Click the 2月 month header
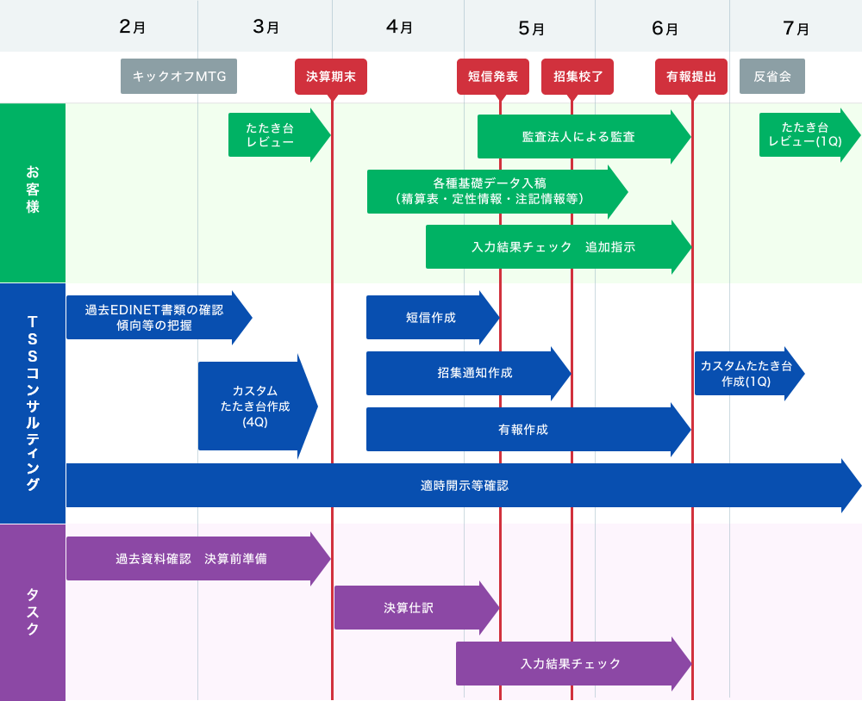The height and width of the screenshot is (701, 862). (x=132, y=27)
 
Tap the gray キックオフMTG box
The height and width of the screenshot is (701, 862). (x=178, y=76)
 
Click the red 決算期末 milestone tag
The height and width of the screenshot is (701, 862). (x=331, y=76)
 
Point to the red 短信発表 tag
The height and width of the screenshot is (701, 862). (x=493, y=76)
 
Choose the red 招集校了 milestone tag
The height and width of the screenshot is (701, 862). (x=578, y=76)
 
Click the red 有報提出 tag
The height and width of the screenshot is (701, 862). (x=691, y=76)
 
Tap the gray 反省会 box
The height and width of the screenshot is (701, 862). (x=772, y=76)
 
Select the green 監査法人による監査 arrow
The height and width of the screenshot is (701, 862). (x=578, y=136)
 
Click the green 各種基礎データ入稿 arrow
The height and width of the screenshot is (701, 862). (x=490, y=191)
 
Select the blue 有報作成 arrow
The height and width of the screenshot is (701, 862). (x=522, y=429)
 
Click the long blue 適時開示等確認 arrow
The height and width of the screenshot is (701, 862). (x=464, y=486)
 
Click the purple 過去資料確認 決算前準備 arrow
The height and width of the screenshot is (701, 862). (x=191, y=558)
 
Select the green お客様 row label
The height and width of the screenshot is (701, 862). (x=33, y=193)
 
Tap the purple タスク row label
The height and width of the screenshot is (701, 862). (x=33, y=611)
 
